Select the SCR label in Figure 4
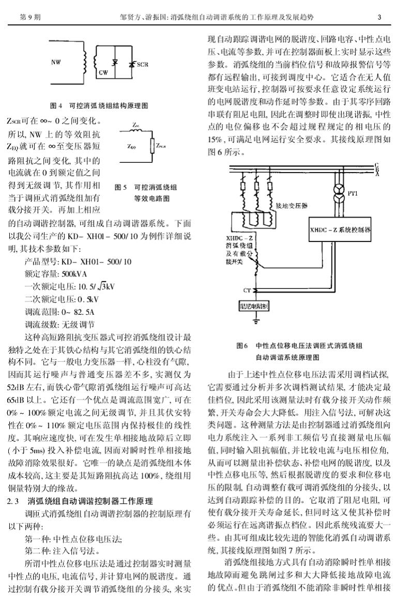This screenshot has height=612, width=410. click(142, 65)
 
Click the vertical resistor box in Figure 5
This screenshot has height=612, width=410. click(152, 146)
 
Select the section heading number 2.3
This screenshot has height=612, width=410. click(13, 501)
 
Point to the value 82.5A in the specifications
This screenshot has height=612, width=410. click(81, 312)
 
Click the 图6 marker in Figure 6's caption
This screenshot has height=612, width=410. click(242, 345)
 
